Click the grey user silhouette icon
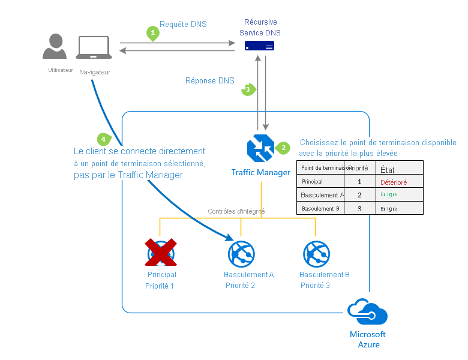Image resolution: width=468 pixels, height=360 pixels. [x=55, y=46]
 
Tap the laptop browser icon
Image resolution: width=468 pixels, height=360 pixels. [x=94, y=48]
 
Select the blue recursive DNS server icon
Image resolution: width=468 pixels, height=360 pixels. [x=259, y=46]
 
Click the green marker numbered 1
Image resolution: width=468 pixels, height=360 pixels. [x=153, y=33]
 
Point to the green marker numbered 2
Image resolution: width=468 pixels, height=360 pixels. [x=283, y=148]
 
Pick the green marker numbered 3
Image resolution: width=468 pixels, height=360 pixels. [x=248, y=89]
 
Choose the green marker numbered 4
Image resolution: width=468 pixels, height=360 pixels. [x=104, y=139]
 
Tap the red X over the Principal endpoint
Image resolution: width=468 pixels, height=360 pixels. [x=161, y=253]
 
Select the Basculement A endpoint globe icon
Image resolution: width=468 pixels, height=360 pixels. [x=241, y=254]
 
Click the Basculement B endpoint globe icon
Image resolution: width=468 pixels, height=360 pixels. [x=316, y=254]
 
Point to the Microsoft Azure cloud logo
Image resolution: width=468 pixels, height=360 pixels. [x=367, y=313]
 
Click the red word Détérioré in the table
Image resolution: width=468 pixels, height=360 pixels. [x=394, y=181]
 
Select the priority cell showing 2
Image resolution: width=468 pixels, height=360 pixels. [x=359, y=195]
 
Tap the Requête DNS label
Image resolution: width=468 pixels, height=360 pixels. [x=183, y=25]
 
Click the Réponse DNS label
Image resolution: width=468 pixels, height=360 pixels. [x=210, y=80]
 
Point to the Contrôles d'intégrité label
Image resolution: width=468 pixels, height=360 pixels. [x=236, y=211]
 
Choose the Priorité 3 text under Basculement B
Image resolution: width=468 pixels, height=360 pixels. [x=315, y=286]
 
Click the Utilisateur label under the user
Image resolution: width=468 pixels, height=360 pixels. [x=61, y=70]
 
